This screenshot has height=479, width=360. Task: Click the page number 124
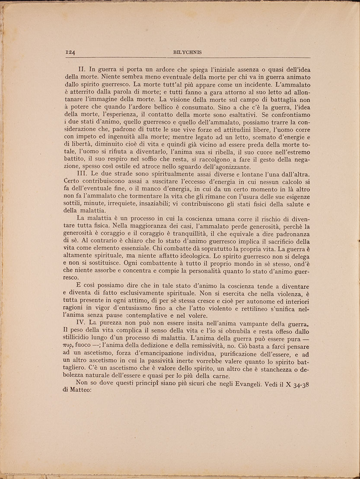coord(70,52)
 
